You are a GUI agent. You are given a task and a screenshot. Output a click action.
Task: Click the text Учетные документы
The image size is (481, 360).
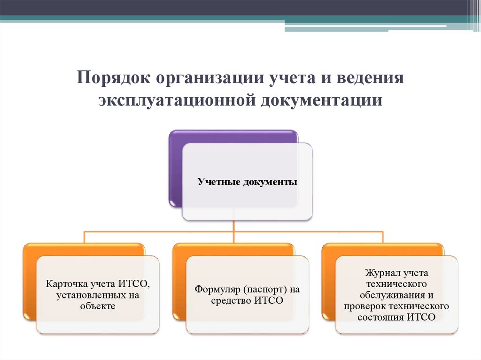pos(247,182)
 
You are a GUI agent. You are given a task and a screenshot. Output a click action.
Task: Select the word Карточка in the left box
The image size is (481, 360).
pos(65,283)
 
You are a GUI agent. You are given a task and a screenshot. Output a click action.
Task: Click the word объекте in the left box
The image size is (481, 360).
pos(98,306)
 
